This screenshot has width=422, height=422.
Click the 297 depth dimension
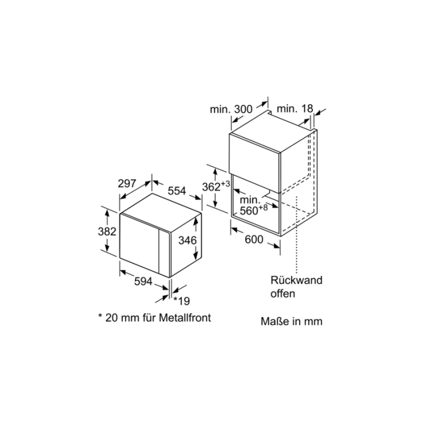point(127,183)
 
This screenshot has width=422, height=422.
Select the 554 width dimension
point(177,191)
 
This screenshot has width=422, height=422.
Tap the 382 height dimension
point(107,231)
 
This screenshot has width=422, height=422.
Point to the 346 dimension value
point(187,241)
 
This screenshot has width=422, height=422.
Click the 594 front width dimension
point(143,282)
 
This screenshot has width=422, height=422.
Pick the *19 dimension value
point(181,301)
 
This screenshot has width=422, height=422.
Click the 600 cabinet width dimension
point(254,239)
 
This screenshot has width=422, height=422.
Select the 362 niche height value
point(212,187)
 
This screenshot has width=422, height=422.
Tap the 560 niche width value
point(249,211)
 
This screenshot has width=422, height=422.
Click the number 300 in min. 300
point(244,109)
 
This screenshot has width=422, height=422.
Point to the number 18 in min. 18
point(307,109)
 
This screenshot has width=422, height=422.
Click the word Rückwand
point(297,280)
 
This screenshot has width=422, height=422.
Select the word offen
point(283,294)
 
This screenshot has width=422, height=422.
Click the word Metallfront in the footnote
point(185,318)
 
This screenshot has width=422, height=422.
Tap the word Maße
point(274,321)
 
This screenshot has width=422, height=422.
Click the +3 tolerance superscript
point(225,184)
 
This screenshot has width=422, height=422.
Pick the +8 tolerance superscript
point(263,207)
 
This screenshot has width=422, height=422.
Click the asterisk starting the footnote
point(101,315)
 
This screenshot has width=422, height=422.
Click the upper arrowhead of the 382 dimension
point(107,213)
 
